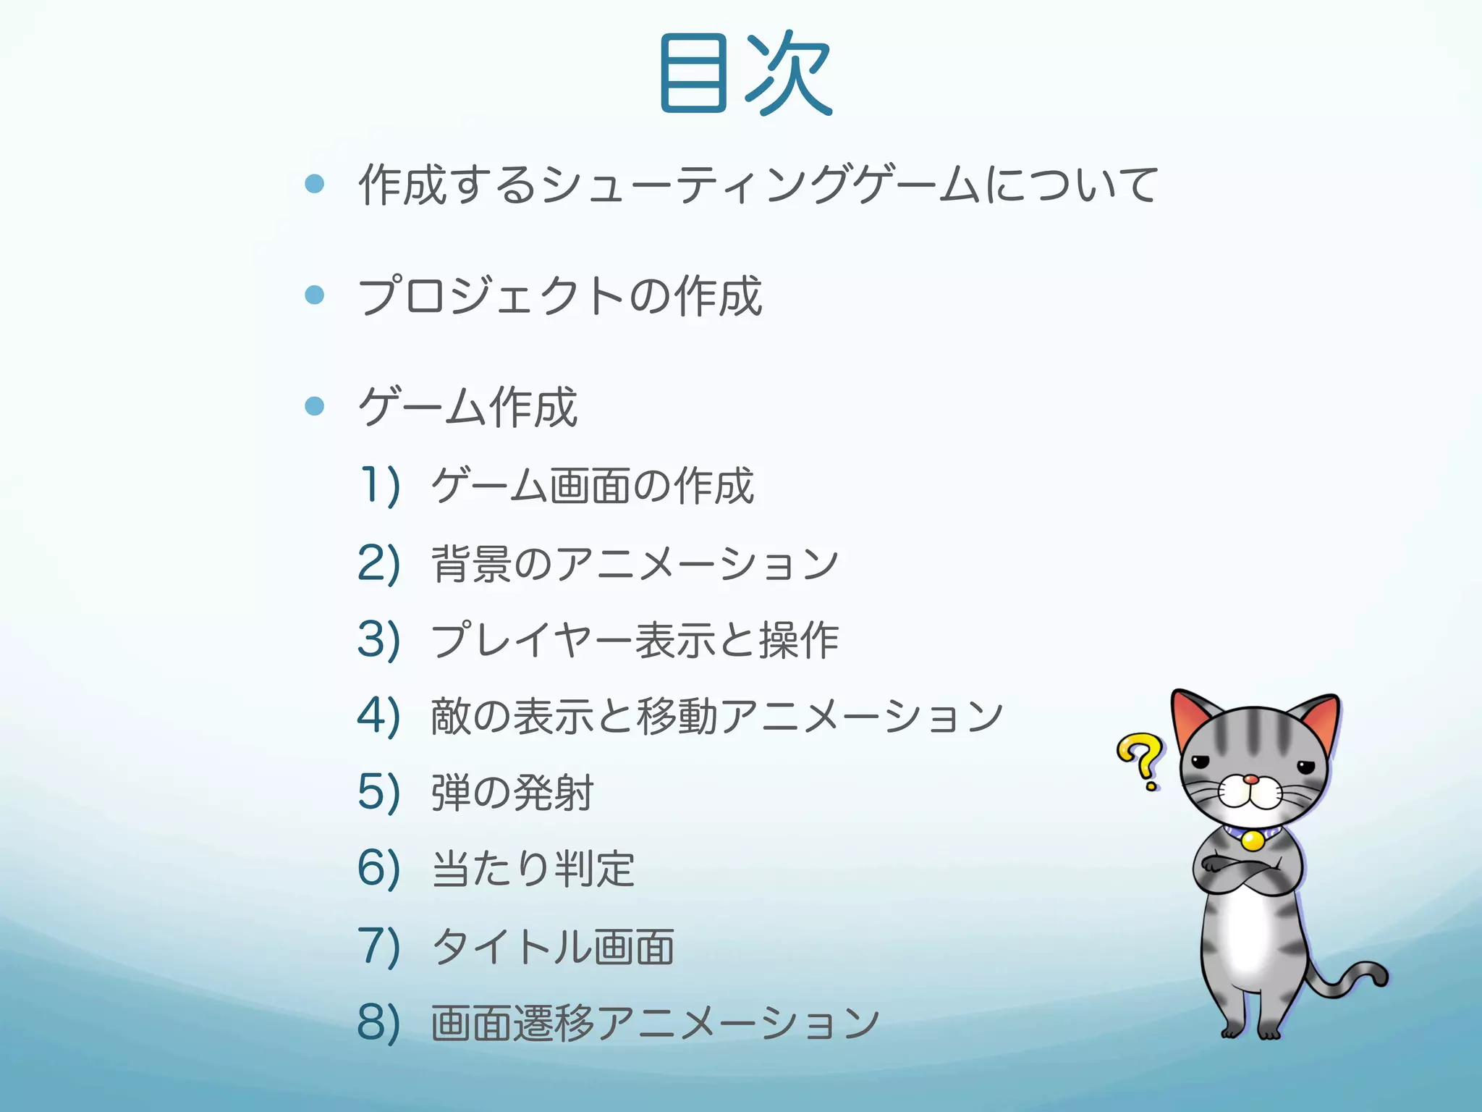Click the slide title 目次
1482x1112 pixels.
pos(745,74)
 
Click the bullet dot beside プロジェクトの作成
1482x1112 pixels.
pos(315,295)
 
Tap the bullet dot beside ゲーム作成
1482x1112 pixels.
pos(315,405)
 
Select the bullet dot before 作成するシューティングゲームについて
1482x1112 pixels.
pos(315,184)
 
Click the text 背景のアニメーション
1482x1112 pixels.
pos(635,563)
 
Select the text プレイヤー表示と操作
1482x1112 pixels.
pos(635,640)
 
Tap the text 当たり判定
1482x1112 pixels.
pos(533,869)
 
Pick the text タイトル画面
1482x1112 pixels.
pos(553,946)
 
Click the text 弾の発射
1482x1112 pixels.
pos(512,792)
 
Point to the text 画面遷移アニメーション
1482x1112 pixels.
pos(655,1022)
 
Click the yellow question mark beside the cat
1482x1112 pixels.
pos(1140,760)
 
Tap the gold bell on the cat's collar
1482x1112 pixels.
pos(1253,840)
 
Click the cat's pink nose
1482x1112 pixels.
pos(1250,780)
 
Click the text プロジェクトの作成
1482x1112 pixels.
pos(560,295)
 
